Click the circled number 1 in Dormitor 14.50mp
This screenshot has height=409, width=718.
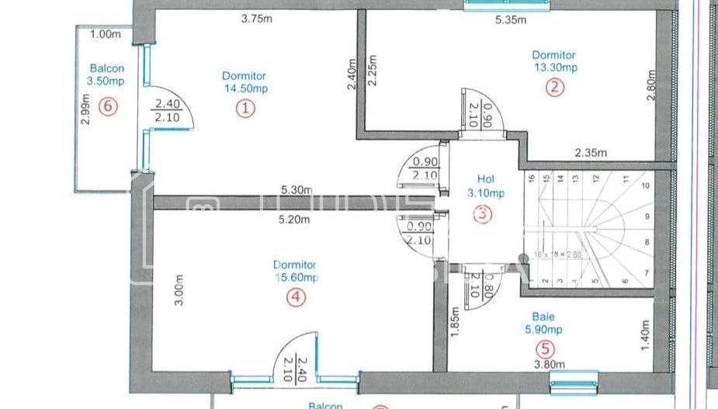[245, 109]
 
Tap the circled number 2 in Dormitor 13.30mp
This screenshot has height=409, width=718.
[553, 87]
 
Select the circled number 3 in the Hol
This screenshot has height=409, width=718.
[483, 215]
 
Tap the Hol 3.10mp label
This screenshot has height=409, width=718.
[486, 185]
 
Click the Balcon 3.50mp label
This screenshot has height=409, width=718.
[106, 74]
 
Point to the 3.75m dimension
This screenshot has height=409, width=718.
[258, 21]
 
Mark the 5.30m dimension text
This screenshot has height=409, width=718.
[297, 189]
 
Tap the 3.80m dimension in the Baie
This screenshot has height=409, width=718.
[548, 363]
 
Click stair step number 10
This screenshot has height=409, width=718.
[644, 186]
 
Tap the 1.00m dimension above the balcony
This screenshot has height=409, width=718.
[106, 34]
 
